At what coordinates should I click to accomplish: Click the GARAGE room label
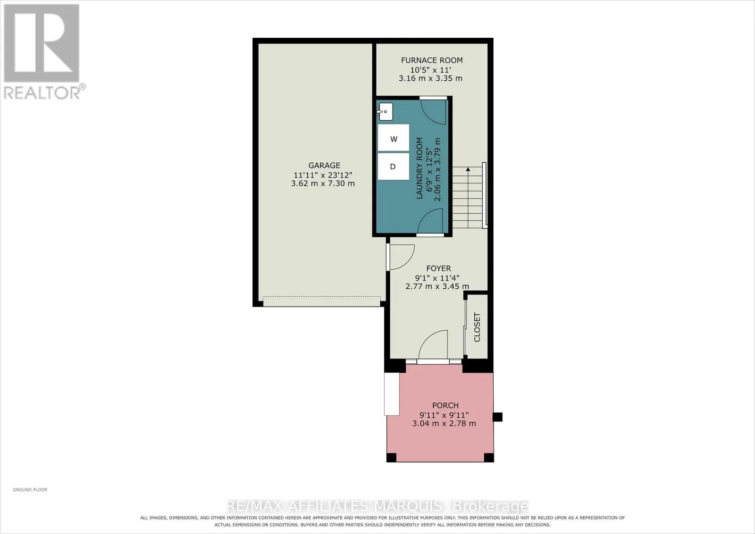pos(324,166)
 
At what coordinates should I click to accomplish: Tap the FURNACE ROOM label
pos(432,60)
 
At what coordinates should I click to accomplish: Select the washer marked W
pos(394,138)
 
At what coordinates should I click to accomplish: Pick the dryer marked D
pos(394,167)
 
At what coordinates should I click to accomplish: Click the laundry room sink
pos(385,111)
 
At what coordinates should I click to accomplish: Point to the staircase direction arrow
pos(468,198)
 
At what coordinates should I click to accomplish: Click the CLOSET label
pos(477,327)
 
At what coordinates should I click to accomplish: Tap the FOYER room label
pos(438,268)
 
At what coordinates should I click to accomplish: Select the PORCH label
pos(445,405)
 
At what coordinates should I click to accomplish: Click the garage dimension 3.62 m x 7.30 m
pos(323,184)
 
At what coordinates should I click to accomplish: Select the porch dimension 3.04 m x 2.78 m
pos(444,424)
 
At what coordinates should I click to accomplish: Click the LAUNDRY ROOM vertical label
pos(419,168)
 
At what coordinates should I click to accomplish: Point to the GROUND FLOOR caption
pos(30,490)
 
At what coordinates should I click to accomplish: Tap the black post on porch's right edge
pos(497,417)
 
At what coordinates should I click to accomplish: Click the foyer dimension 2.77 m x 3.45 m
pos(437,286)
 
